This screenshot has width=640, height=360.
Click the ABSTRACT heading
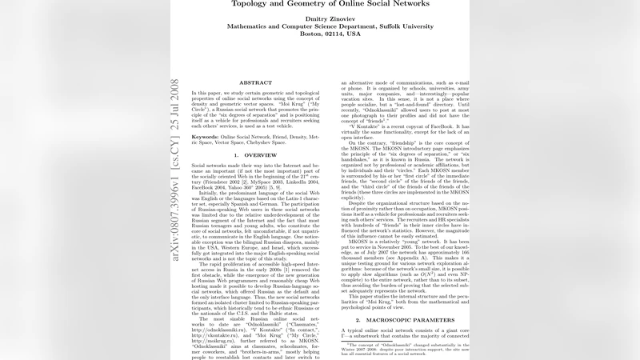click(x=255, y=82)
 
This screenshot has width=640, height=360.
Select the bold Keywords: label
click(x=210, y=137)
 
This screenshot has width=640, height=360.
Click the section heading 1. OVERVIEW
click(x=255, y=154)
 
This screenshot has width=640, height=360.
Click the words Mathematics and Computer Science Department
click(x=282, y=34)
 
